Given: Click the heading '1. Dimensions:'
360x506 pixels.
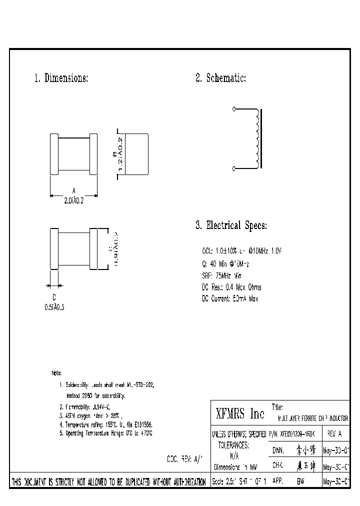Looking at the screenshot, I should tap(61, 78).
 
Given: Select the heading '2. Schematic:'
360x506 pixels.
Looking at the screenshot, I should tap(220, 78).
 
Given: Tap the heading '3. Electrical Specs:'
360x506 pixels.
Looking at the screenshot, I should tap(231, 226).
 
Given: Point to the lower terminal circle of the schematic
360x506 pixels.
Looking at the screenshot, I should tap(234, 169).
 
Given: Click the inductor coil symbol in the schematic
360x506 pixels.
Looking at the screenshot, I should tap(257, 139).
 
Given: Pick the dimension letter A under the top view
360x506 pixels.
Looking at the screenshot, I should tap(73, 190).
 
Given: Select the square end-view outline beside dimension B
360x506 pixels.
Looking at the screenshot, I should tap(136, 153).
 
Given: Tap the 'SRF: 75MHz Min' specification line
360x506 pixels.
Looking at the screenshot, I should tap(221, 275).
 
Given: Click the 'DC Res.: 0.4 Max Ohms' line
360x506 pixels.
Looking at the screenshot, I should tap(231, 287).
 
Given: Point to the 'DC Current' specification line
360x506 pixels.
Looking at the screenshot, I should tap(230, 299).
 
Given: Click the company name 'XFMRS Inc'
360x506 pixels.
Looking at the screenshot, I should tap(239, 414).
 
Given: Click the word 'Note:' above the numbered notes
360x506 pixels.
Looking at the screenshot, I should tap(56, 373).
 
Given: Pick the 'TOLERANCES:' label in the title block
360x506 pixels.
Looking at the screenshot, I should tap(233, 444).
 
